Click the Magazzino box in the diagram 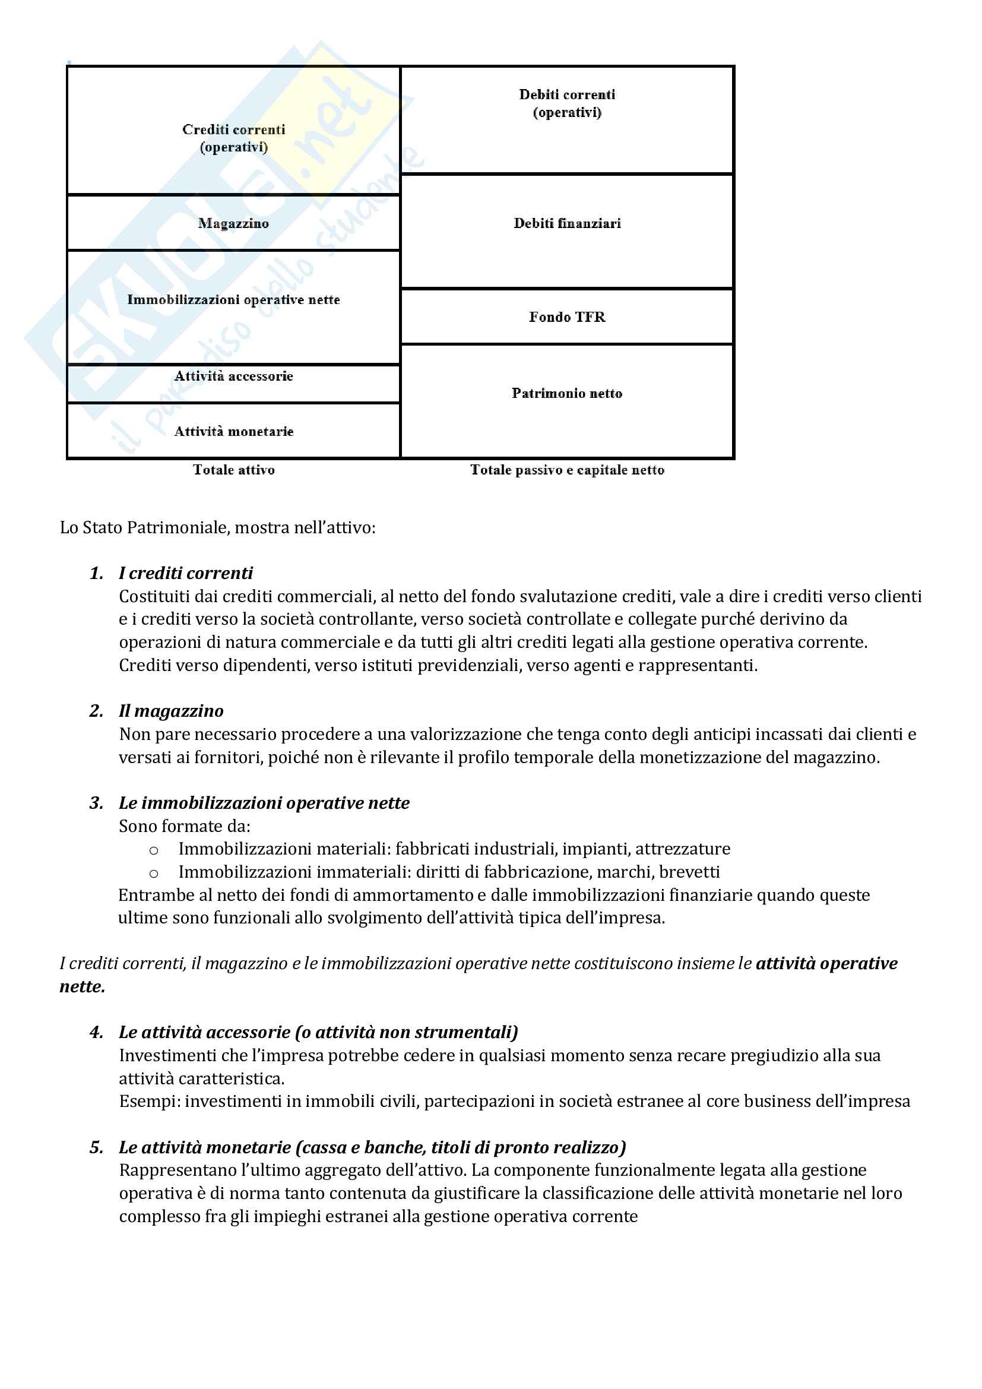pyautogui.click(x=233, y=223)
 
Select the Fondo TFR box pyautogui.click(x=566, y=317)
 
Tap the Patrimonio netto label pyautogui.click(x=566, y=393)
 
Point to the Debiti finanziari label pyautogui.click(x=566, y=223)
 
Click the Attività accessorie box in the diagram pyautogui.click(x=233, y=383)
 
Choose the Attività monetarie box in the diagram pyautogui.click(x=233, y=431)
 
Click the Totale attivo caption pyautogui.click(x=233, y=470)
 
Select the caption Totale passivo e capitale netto pyautogui.click(x=566, y=470)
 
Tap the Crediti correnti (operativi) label pyautogui.click(x=233, y=138)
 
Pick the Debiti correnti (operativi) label pyautogui.click(x=566, y=103)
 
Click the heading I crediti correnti pyautogui.click(x=186, y=573)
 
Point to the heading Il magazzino pyautogui.click(x=171, y=711)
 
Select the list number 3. pyautogui.click(x=96, y=803)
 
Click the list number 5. pyautogui.click(x=96, y=1147)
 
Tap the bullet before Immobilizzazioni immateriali pyautogui.click(x=154, y=873)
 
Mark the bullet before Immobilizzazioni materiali pyautogui.click(x=154, y=850)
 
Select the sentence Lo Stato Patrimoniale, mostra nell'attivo pyautogui.click(x=218, y=527)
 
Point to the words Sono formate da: pyautogui.click(x=185, y=826)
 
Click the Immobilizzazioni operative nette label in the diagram pyautogui.click(x=233, y=300)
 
